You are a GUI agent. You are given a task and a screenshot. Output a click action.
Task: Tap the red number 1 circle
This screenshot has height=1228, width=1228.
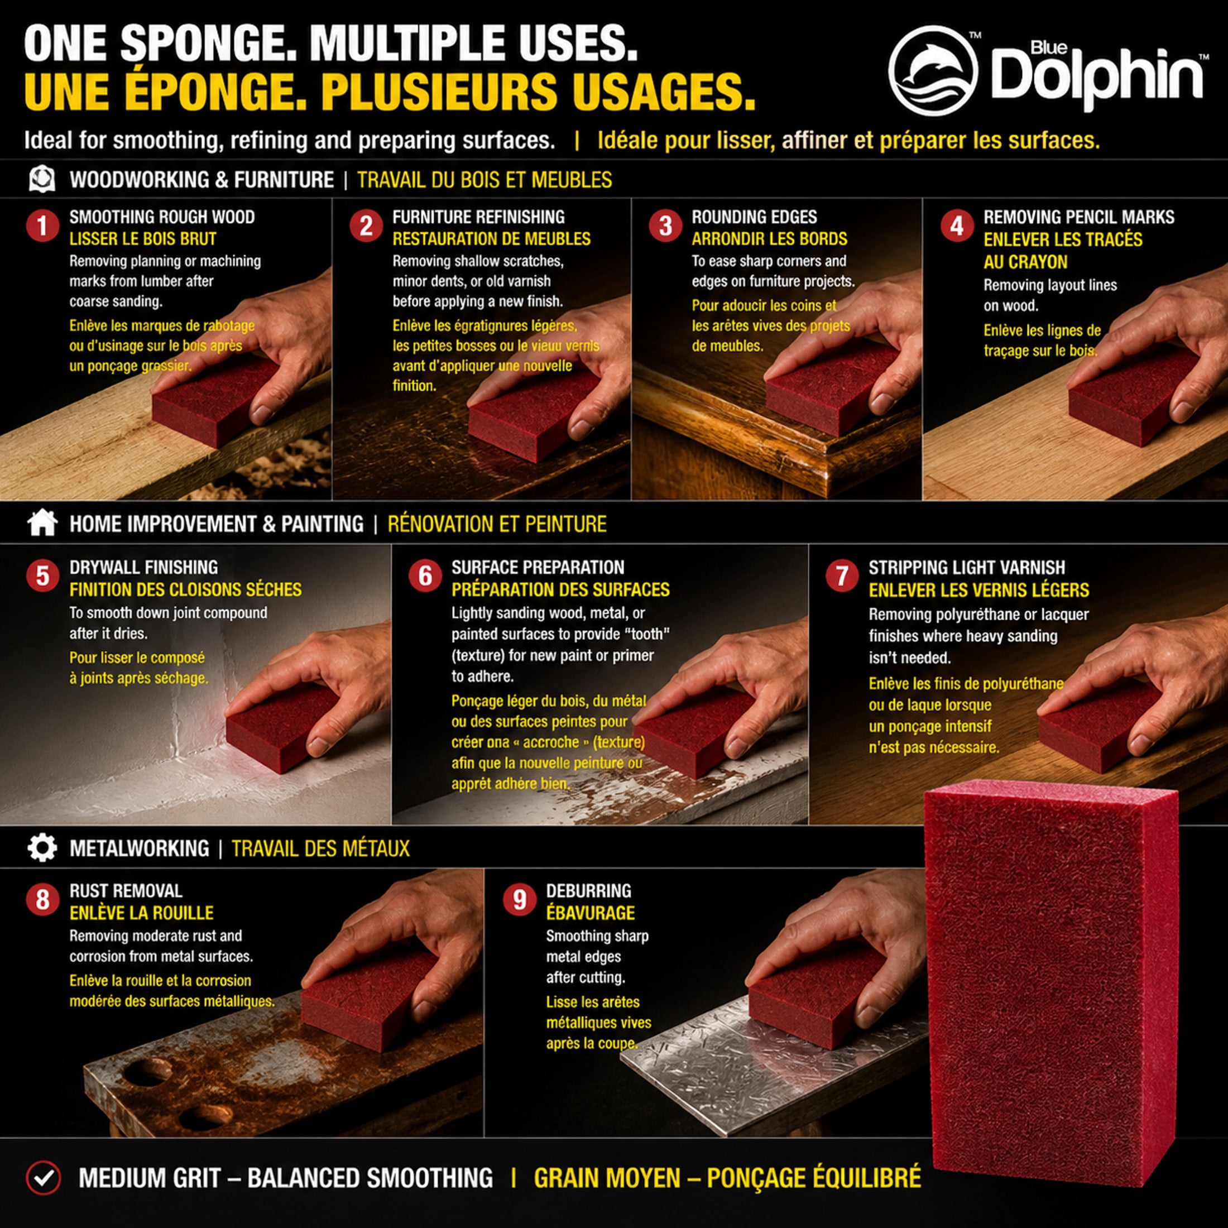[43, 226]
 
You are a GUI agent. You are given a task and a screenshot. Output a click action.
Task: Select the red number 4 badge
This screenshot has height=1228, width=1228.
[957, 226]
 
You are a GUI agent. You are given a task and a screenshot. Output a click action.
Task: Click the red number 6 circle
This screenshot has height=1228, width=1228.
[425, 577]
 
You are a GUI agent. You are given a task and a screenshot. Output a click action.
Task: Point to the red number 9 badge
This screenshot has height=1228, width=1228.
[520, 900]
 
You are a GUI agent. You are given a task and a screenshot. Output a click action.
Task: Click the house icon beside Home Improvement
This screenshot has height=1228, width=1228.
[42, 523]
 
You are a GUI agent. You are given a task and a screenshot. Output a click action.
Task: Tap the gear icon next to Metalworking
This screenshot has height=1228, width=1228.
[42, 848]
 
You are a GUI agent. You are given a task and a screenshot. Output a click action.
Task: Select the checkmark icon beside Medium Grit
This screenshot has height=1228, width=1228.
[43, 1178]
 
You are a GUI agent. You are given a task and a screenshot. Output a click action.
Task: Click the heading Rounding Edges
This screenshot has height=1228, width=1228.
[755, 217]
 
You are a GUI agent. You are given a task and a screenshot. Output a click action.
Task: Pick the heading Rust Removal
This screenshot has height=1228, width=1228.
[126, 891]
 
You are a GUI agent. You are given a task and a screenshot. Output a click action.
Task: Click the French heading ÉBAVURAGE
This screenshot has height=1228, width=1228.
[591, 913]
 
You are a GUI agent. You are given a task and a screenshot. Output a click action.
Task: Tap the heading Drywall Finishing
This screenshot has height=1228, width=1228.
[143, 568]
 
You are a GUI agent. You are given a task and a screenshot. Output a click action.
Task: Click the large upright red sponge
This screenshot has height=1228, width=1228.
[1050, 976]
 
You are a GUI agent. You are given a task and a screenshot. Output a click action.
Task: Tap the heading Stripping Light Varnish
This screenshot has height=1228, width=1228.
[967, 568]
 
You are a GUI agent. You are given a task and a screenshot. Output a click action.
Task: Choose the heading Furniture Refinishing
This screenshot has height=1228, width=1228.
[478, 217]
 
